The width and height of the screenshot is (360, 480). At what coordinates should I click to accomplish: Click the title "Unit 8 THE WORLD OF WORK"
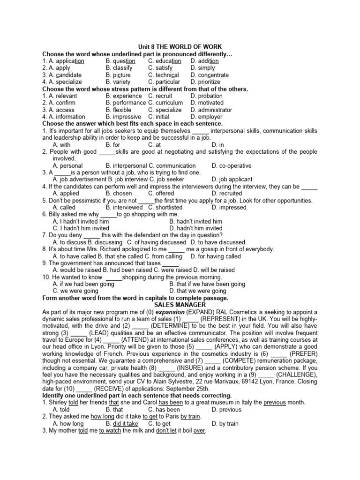pyautogui.click(x=180, y=47)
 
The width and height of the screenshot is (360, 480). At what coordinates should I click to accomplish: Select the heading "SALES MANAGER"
pyautogui.click(x=180, y=305)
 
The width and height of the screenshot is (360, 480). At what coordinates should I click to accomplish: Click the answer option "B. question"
pyautogui.click(x=120, y=61)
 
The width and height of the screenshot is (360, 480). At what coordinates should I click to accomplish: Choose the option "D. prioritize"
pyautogui.click(x=205, y=82)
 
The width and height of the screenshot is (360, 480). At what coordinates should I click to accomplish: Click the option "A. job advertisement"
pyautogui.click(x=80, y=179)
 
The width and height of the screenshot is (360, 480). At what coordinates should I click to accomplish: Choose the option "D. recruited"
pyautogui.click(x=227, y=193)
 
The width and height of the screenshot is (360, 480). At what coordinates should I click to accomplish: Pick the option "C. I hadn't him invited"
pyautogui.click(x=81, y=228)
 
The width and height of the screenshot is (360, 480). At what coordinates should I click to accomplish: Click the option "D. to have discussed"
pyautogui.click(x=218, y=242)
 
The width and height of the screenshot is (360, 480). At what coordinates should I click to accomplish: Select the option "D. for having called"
pyautogui.click(x=216, y=256)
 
